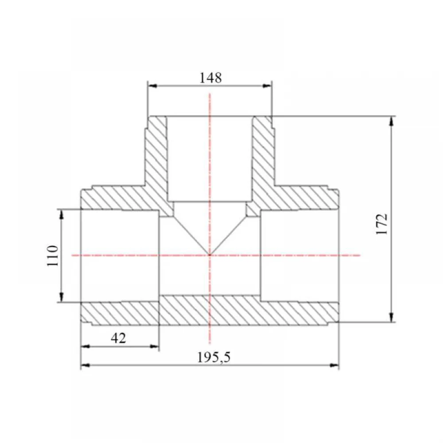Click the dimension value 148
(210, 78)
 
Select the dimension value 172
(382, 224)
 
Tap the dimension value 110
(53, 256)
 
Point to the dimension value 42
(118, 338)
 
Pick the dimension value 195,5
(214, 358)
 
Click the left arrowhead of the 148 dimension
(152, 85)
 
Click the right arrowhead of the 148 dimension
(267, 85)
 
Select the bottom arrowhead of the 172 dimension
(391, 317)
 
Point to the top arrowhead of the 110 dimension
(62, 214)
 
